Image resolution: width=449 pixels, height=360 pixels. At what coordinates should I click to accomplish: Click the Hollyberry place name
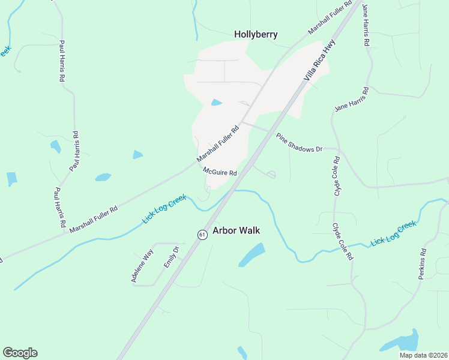point(256,34)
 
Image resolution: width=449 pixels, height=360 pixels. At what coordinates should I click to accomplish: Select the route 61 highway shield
point(203,234)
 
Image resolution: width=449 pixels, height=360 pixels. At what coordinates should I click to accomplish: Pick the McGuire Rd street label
point(220,172)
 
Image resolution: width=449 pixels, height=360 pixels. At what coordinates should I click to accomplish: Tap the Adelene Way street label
point(139,267)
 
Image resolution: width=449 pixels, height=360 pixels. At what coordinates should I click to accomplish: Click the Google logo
point(20,353)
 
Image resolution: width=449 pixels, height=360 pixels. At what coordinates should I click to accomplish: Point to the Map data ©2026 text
point(423,355)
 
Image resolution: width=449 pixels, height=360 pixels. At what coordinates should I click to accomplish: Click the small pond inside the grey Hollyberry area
point(216,103)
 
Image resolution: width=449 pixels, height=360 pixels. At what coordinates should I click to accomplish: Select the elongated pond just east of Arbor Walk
point(252,255)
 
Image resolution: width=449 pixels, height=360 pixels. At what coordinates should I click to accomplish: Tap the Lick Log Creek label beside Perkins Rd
point(393,233)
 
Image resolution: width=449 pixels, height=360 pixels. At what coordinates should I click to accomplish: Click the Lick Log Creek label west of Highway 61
point(164,209)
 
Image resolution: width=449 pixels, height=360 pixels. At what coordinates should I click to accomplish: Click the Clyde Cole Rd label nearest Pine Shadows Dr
point(337,176)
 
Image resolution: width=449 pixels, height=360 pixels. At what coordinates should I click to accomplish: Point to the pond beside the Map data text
point(400,342)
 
